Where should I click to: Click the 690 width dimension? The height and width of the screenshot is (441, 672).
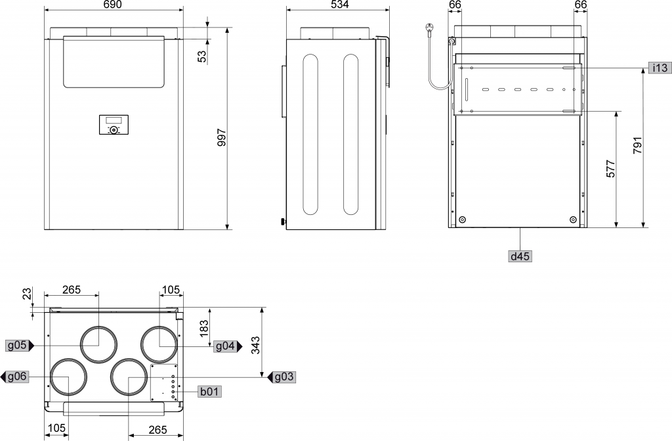pyautogui.click(x=113, y=5)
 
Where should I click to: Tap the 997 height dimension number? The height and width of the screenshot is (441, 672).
pyautogui.click(x=221, y=137)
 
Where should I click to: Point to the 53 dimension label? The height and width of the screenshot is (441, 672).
pyautogui.click(x=202, y=57)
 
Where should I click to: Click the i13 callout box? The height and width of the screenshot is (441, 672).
pyautogui.click(x=660, y=68)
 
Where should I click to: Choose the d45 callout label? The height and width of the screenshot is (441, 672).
pyautogui.click(x=520, y=256)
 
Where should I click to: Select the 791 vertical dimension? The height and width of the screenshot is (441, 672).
pyautogui.click(x=638, y=145)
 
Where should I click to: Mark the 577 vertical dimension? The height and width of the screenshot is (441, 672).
pyautogui.click(x=611, y=169)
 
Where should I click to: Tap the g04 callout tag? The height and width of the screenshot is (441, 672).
pyautogui.click(x=228, y=346)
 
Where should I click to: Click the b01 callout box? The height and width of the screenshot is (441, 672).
pyautogui.click(x=209, y=392)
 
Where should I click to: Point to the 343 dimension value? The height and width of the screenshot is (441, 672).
pyautogui.click(x=255, y=345)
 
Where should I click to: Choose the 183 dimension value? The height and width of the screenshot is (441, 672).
pyautogui.click(x=204, y=328)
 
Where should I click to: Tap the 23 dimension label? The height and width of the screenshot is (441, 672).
pyautogui.click(x=27, y=294)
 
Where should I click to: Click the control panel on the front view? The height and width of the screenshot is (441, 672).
pyautogui.click(x=114, y=124)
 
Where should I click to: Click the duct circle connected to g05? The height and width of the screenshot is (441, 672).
pyautogui.click(x=98, y=344)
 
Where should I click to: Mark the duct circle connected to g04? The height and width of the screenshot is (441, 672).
pyautogui.click(x=159, y=344)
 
